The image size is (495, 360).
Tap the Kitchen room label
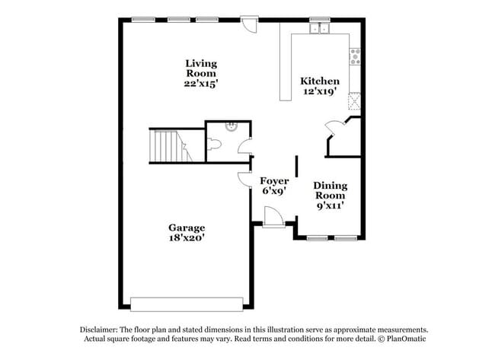(320, 81)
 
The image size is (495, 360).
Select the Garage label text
(187, 228)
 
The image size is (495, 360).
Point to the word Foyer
(274, 181)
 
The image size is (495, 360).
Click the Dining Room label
(331, 190)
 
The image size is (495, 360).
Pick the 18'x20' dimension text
(187, 237)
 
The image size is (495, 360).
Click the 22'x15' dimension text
(201, 84)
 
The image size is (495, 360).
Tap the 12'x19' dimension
(320, 92)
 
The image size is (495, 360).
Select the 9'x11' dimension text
(331, 205)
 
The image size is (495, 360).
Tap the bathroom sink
(231, 127)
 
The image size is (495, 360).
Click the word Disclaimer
(101, 330)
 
